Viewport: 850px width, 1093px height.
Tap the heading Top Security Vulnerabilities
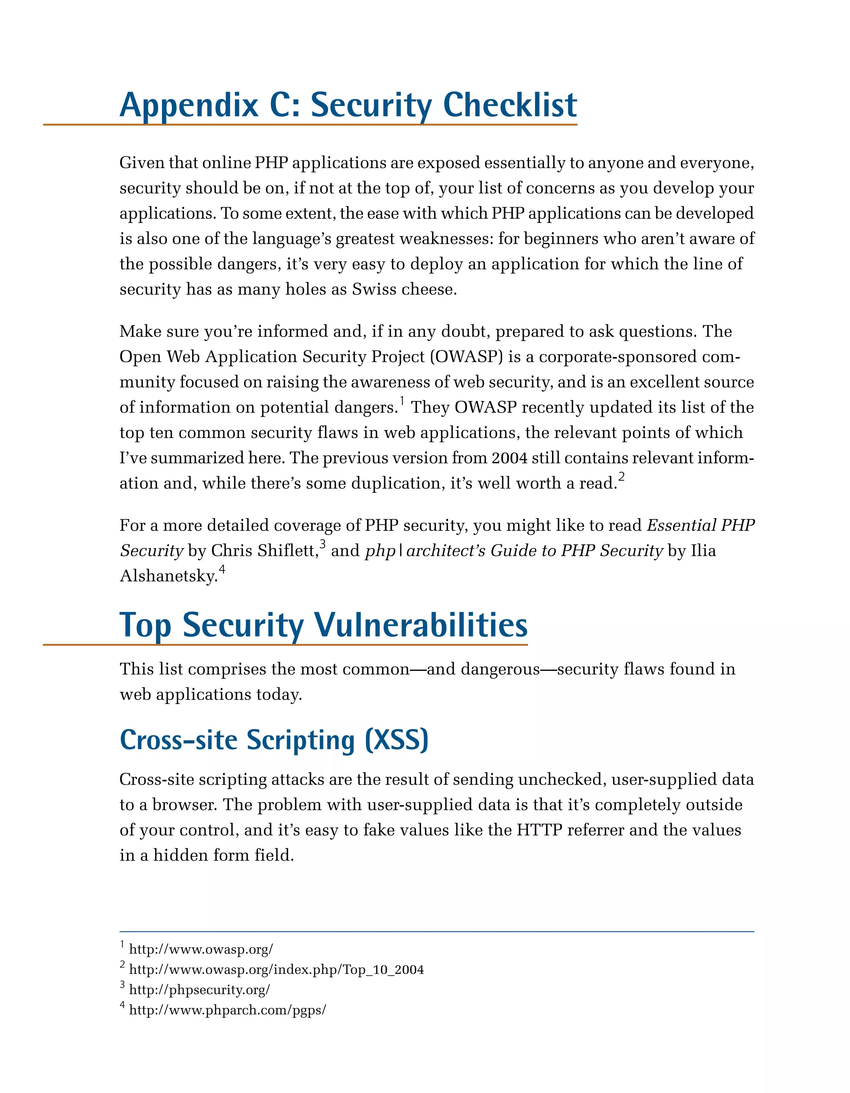tap(323, 625)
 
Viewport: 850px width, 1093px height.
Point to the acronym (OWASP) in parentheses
tap(466, 357)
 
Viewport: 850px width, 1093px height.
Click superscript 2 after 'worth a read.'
tap(621, 477)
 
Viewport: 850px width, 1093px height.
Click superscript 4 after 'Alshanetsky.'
tap(222, 570)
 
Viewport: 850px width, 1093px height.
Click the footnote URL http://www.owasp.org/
tap(200, 949)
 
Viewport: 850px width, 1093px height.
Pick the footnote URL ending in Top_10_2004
tap(276, 969)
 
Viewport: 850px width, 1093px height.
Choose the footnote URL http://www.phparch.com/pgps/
tap(227, 1010)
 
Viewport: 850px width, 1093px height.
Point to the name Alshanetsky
tap(168, 576)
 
